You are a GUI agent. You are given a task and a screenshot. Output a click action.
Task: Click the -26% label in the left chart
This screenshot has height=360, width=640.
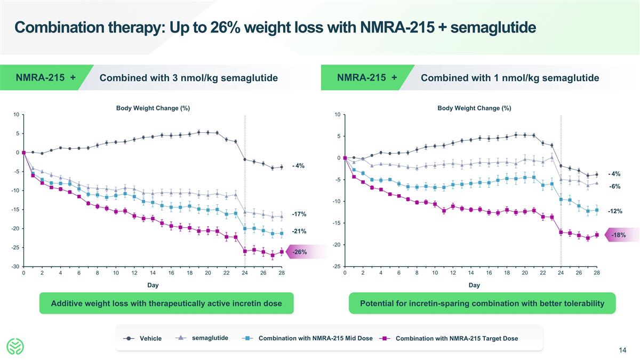coord(299,252)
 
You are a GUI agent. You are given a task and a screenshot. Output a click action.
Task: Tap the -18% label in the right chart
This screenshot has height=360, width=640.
coord(619,235)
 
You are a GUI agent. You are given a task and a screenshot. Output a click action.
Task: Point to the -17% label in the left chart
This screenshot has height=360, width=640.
coord(299,214)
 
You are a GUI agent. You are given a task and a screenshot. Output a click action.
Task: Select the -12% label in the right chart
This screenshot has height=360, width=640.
coord(615,211)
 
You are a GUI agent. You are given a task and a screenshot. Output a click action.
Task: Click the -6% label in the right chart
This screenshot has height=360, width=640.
coord(615,186)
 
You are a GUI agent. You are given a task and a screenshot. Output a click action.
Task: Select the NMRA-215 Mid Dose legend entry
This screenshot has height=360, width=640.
coord(315,338)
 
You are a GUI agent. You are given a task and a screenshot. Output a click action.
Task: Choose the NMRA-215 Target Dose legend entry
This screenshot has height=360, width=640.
coord(457,338)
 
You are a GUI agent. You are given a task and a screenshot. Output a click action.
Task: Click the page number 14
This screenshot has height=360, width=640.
coord(622,350)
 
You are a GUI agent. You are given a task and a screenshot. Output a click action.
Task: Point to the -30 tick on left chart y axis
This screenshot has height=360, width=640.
coord(16,267)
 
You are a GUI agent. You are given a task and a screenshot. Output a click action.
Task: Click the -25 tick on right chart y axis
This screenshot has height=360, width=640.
coord(337,267)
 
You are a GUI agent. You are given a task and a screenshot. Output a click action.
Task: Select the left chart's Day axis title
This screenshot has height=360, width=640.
coord(153,285)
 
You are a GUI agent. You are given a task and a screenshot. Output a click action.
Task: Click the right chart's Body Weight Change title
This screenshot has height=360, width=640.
coord(474,108)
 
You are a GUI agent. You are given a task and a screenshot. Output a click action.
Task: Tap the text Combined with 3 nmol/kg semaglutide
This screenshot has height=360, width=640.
coord(189,78)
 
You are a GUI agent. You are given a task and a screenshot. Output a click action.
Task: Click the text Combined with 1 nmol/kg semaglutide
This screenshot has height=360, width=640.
coord(510,78)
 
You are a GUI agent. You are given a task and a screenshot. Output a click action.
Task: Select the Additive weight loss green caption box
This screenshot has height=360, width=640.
coord(166,303)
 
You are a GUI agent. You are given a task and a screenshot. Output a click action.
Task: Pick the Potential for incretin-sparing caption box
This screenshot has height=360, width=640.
coord(482,303)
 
